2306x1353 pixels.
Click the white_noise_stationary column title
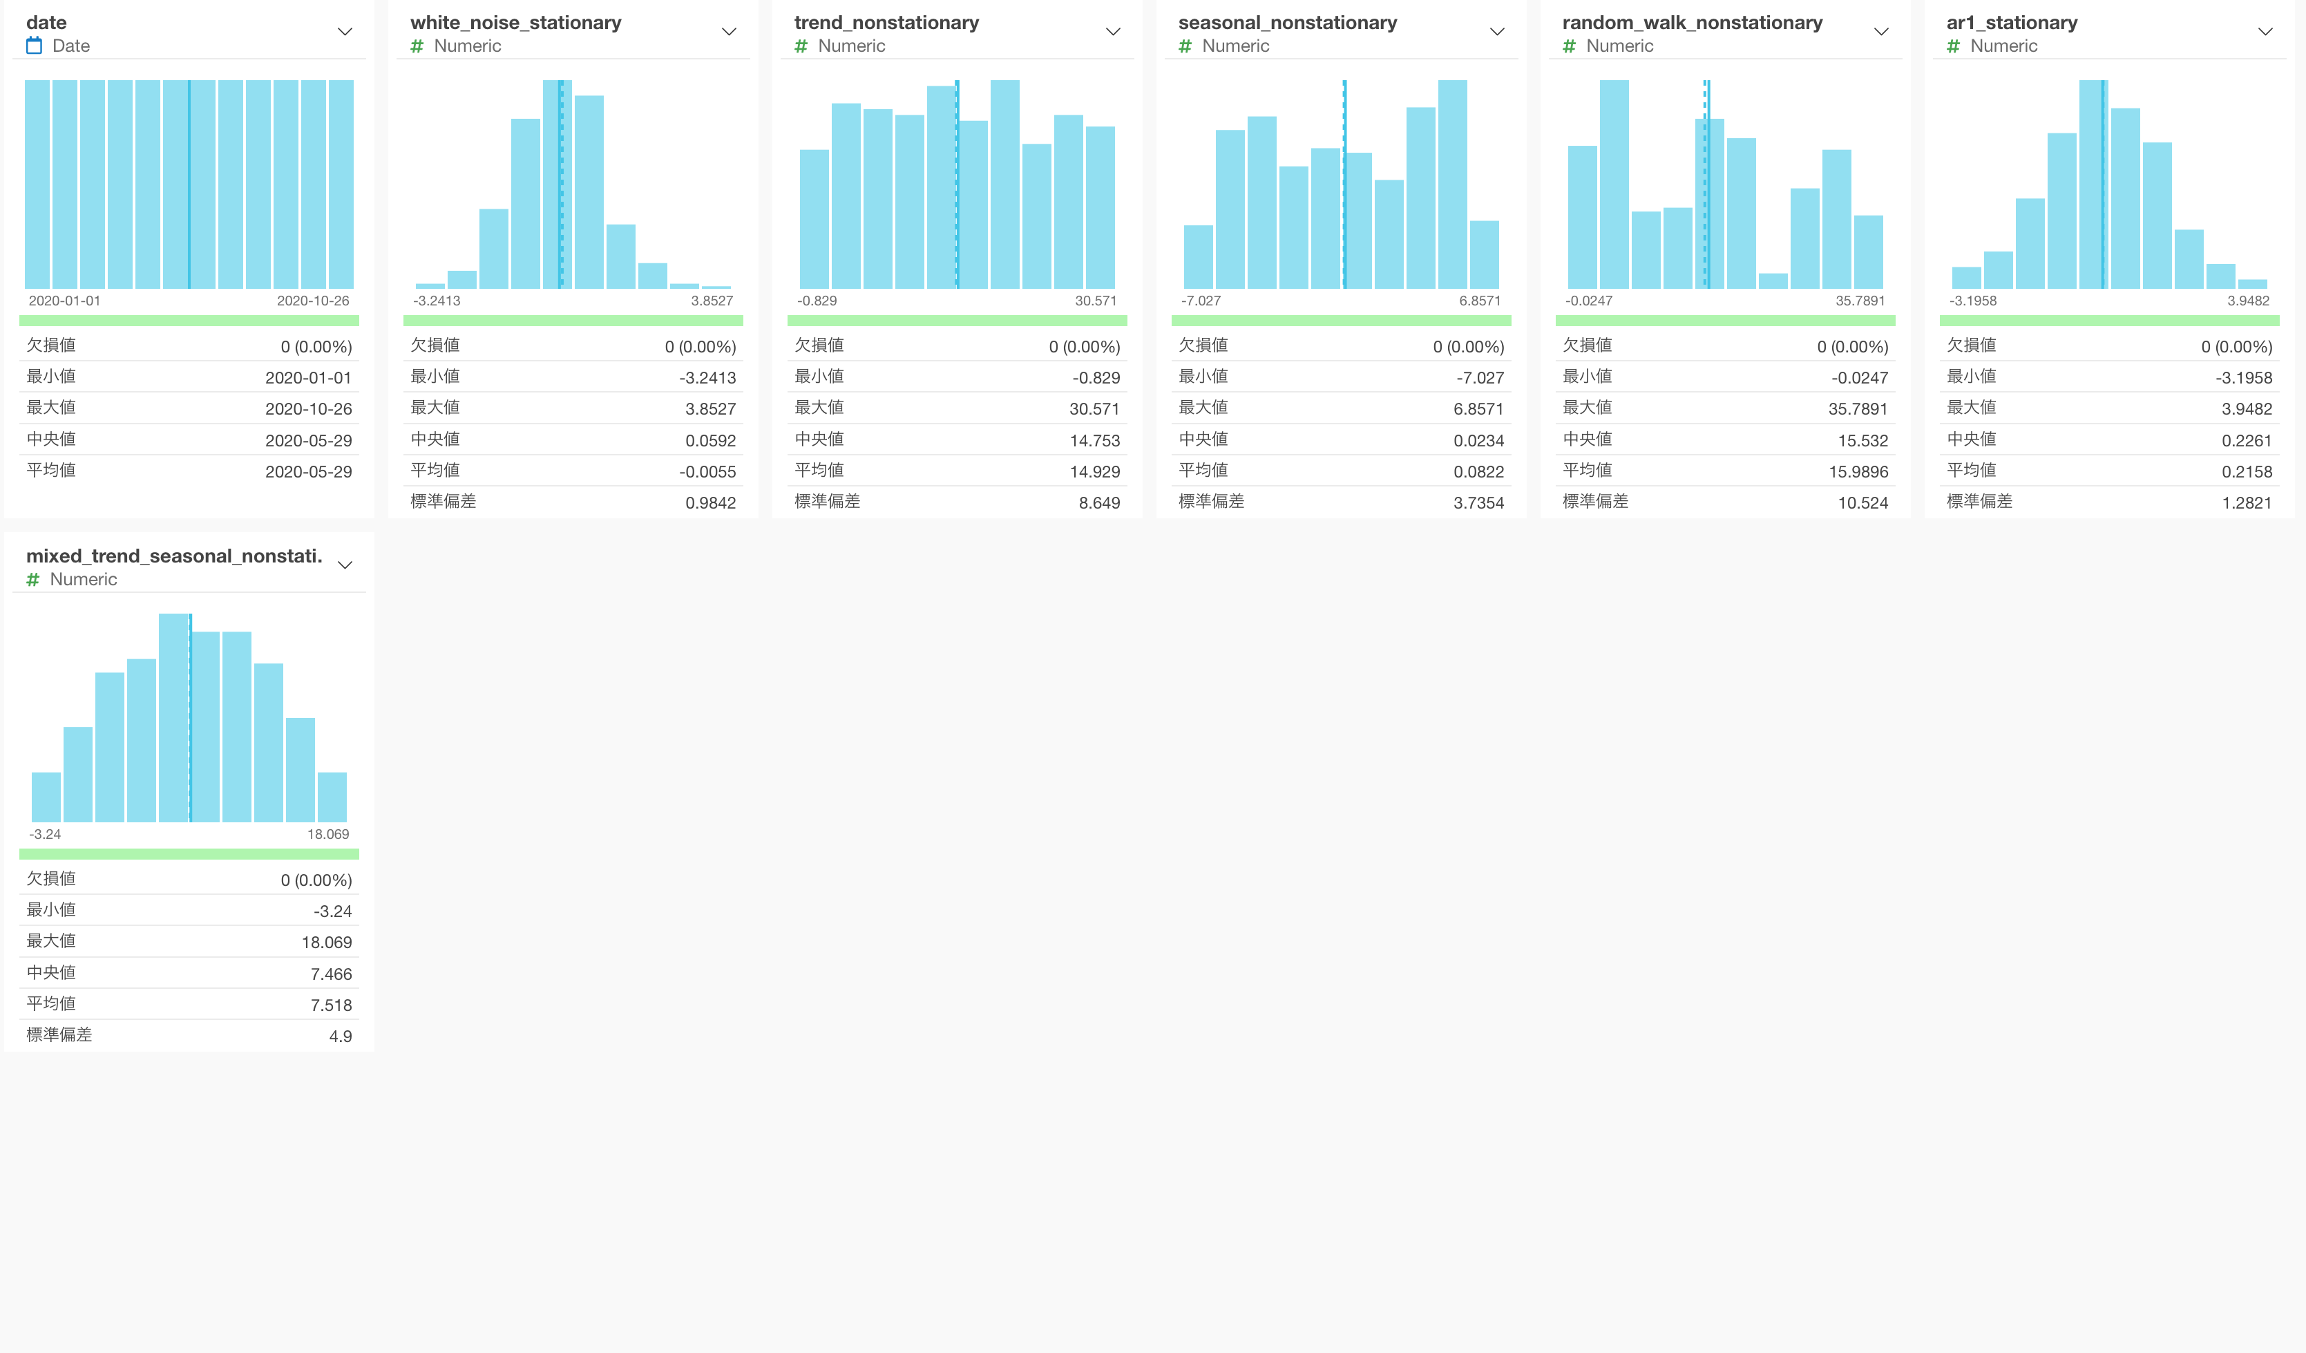515,23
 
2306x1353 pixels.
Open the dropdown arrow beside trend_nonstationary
1113,32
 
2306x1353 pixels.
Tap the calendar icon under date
35,46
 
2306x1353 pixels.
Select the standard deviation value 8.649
1099,502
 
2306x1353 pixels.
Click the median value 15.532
1862,440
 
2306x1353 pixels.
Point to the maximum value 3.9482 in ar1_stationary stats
2247,409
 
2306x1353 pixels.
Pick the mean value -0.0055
707,471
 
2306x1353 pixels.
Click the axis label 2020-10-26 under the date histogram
313,301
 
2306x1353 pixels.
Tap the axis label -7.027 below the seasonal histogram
1201,301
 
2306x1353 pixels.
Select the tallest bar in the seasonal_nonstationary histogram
1452,183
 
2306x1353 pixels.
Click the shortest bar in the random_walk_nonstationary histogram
1773,281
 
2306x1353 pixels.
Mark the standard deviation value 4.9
341,1037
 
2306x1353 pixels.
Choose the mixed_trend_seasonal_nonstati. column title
174,556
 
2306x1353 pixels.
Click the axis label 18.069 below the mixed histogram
327,835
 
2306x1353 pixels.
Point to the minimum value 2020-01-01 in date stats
308,378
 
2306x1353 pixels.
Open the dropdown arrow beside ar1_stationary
2265,32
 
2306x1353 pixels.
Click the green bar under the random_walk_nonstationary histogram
1725,321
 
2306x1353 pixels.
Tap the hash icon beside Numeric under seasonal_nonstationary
1185,46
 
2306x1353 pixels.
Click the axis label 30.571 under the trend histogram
1096,301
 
